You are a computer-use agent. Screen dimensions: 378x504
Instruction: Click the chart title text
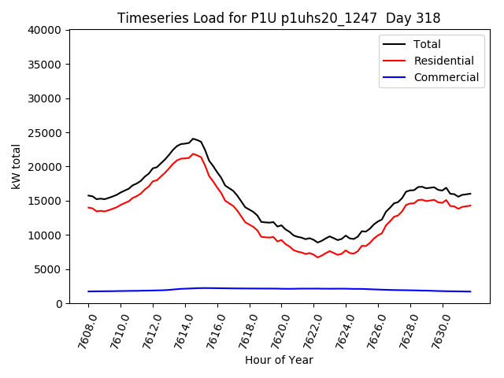click(279, 18)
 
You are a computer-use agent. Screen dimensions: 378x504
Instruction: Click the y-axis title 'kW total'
click(17, 166)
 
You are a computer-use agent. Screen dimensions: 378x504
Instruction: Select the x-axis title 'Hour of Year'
click(279, 360)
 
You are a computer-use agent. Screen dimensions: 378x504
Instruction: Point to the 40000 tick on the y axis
click(45, 30)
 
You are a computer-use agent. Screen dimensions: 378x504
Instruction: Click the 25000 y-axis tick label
click(45, 132)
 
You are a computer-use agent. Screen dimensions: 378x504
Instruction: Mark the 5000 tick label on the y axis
click(48, 269)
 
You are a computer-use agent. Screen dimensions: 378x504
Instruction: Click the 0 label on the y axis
click(59, 303)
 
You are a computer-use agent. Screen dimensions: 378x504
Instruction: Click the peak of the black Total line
click(193, 139)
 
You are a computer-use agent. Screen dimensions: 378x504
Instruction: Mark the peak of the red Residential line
click(193, 154)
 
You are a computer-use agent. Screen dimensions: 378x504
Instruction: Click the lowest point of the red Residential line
click(318, 258)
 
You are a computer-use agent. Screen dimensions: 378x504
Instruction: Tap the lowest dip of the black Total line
click(318, 243)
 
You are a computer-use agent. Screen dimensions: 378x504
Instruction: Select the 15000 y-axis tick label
click(45, 201)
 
